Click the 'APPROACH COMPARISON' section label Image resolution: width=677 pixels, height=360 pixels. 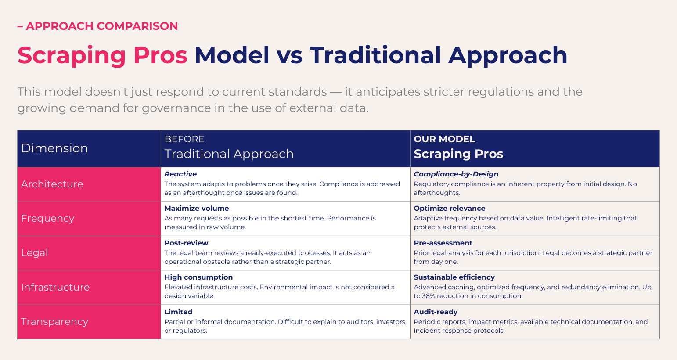102,26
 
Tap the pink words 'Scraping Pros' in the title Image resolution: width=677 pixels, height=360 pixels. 102,56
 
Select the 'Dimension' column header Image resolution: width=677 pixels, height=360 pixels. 54,148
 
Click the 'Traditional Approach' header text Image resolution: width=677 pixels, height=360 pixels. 229,154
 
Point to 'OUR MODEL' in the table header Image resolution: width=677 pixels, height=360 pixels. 444,139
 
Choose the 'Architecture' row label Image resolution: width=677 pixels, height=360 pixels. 52,184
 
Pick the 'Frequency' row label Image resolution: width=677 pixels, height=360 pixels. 47,219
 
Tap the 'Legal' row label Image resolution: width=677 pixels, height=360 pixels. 34,253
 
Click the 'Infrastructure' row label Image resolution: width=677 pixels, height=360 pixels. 55,287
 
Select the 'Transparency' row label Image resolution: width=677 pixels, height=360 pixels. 55,322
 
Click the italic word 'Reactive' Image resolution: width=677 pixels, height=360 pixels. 180,174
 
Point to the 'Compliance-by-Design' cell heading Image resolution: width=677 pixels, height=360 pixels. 456,174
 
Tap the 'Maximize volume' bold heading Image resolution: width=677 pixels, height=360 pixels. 196,208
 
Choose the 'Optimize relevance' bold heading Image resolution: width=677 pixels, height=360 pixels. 450,209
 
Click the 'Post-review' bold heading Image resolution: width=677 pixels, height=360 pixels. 186,243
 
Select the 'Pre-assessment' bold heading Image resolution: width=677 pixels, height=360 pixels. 443,243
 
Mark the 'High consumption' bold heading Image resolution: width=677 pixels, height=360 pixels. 198,277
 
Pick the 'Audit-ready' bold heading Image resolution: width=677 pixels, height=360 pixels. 436,312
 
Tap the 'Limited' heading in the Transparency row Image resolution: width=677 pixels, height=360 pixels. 178,312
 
